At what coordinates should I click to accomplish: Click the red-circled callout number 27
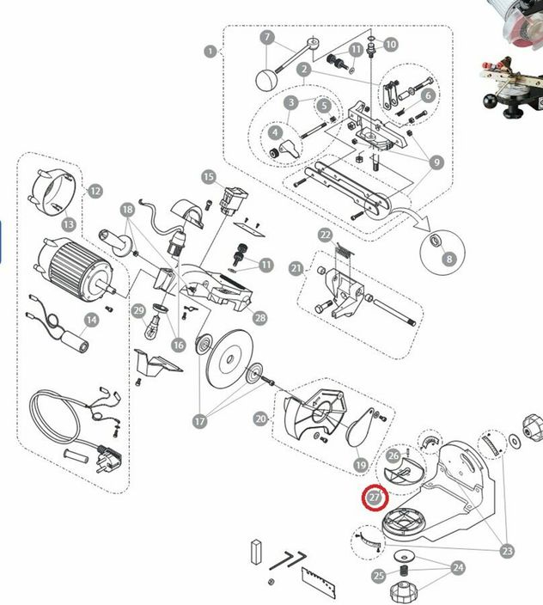point(375,497)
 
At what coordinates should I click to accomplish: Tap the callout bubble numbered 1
point(210,52)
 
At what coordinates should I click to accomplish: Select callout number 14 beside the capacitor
point(91,320)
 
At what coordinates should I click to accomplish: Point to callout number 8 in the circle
point(448,259)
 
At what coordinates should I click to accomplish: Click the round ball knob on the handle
point(266,80)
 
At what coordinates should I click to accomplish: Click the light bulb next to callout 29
point(153,327)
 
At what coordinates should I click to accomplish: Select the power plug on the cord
point(109,459)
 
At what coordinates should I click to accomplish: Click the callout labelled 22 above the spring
point(326,235)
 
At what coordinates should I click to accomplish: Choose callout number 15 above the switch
point(209,177)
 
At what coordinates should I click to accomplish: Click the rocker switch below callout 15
point(234,203)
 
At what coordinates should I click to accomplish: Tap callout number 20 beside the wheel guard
point(261,419)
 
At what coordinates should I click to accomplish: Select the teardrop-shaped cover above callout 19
point(361,427)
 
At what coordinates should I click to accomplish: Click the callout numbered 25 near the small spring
point(379,576)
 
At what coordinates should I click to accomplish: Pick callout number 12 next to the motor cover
point(95,191)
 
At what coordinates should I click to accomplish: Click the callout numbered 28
point(260,318)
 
